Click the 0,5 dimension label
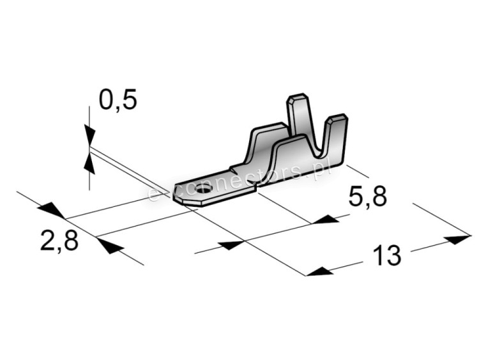click(x=118, y=100)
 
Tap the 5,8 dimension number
click(x=367, y=197)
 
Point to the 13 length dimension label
click(x=386, y=255)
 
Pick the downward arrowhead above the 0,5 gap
click(x=89, y=134)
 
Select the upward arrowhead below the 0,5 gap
click(x=89, y=163)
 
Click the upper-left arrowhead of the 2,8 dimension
click(x=51, y=210)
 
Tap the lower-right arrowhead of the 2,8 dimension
click(x=110, y=246)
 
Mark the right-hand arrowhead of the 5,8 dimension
click(x=326, y=219)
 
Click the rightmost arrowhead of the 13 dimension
click(x=457, y=240)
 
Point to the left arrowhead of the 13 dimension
click(x=319, y=271)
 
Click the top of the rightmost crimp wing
click(x=338, y=117)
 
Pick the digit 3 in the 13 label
click(x=393, y=255)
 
